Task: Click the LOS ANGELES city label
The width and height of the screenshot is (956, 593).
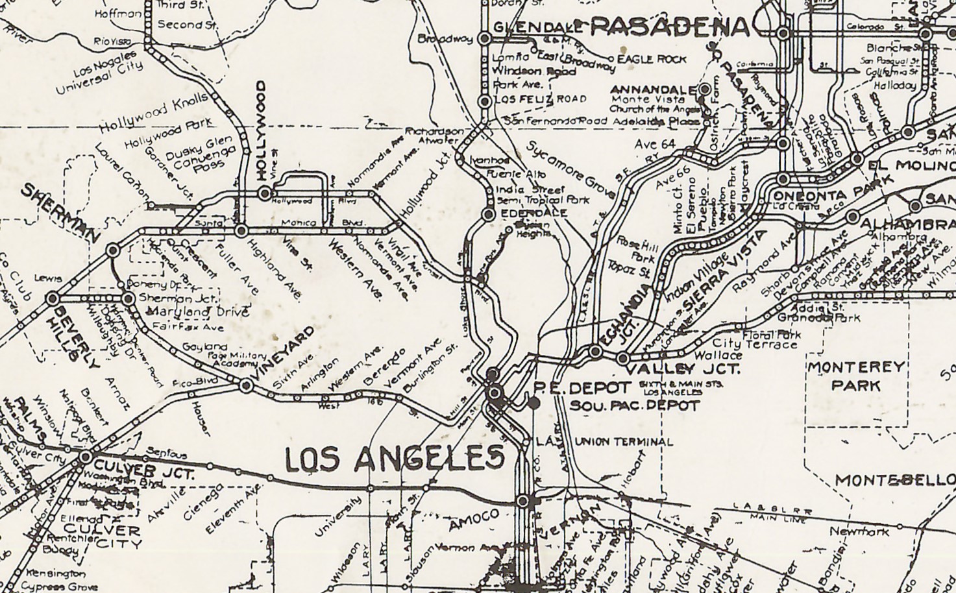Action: (x=395, y=459)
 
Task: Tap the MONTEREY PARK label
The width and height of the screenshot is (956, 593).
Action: (x=856, y=376)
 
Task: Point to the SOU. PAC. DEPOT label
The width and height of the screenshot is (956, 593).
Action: (x=635, y=406)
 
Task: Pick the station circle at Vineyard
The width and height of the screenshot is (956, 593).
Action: (x=246, y=386)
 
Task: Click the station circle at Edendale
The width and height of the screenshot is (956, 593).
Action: (x=490, y=213)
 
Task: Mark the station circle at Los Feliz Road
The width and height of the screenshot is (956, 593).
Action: (x=484, y=101)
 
